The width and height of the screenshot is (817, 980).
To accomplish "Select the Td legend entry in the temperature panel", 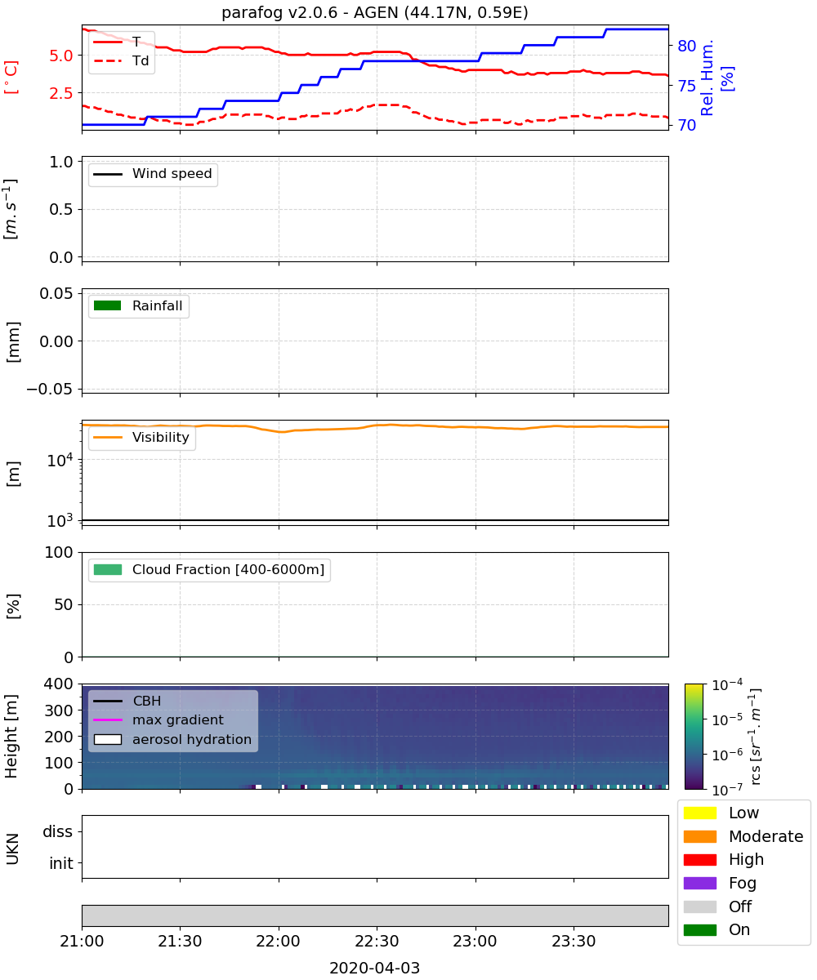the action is (x=121, y=60).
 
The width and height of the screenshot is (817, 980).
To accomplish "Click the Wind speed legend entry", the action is (x=153, y=174).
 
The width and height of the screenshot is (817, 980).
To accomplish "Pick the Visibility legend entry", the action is (x=141, y=437).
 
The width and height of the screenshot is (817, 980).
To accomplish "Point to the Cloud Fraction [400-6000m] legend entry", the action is (x=209, y=569).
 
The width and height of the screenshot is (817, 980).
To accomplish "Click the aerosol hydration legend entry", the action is (x=172, y=739).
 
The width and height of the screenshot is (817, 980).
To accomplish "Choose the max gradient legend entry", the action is (x=158, y=719).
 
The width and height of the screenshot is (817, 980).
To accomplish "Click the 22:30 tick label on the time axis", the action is (x=377, y=941).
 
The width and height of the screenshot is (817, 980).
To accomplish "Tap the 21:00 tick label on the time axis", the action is (x=82, y=941).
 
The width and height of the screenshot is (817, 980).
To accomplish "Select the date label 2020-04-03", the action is (x=375, y=968).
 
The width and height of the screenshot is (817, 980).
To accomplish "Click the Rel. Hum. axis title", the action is (x=707, y=78).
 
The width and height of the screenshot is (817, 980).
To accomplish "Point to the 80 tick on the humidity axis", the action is (x=686, y=46).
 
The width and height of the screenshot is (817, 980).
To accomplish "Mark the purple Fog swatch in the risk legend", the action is (x=699, y=883).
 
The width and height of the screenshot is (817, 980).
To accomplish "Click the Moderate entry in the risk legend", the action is (x=743, y=836).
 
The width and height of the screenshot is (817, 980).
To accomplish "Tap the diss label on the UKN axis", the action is (x=58, y=831).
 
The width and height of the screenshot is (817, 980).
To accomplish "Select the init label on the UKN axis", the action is (x=61, y=863).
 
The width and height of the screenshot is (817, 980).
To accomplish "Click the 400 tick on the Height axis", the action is (x=58, y=684).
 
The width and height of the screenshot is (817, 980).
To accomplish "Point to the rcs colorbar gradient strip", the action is (x=694, y=737).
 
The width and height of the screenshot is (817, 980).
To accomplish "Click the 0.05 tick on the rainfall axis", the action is (x=56, y=293).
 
